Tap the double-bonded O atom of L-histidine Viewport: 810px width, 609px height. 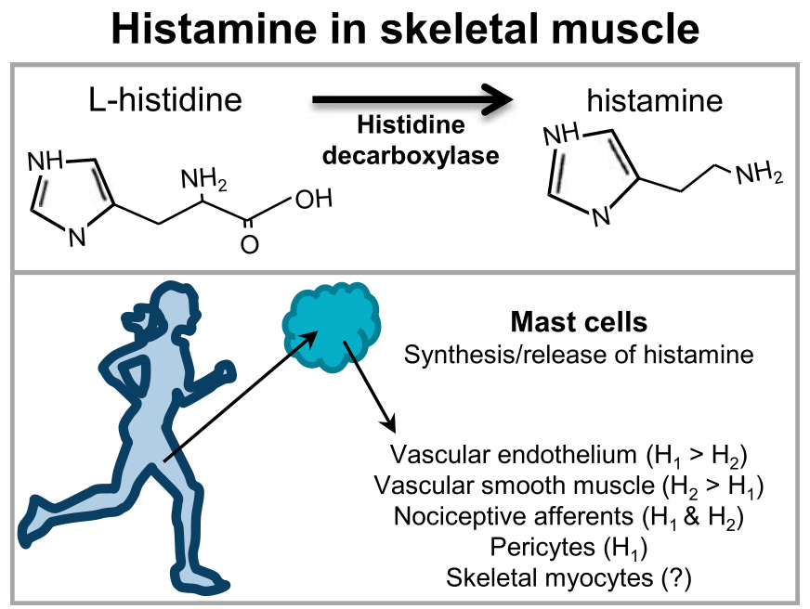coord(248,246)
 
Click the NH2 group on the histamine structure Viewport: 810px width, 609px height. coord(758,174)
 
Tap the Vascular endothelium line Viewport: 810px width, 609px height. coord(569,457)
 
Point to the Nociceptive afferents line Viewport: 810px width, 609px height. coord(569,516)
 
